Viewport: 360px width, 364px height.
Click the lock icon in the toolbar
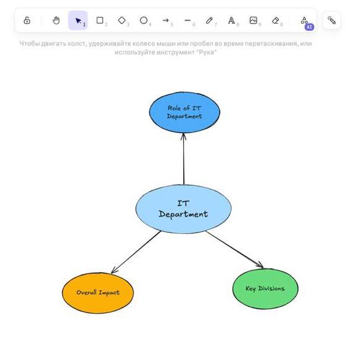click(27, 20)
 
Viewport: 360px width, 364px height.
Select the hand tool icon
click(56, 20)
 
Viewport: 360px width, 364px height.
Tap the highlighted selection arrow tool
click(78, 20)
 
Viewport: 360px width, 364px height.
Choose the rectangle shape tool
click(100, 20)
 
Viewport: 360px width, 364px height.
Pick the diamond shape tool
click(122, 20)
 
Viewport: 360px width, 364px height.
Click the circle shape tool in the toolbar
click(143, 20)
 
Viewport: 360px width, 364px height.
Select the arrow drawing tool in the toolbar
click(166, 20)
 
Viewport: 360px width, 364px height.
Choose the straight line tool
click(187, 20)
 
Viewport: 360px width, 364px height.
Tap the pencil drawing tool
click(209, 20)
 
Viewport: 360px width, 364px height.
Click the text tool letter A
click(232, 20)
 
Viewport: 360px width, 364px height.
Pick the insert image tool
click(253, 20)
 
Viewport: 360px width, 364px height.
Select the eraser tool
click(275, 20)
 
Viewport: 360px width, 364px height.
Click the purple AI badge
click(309, 27)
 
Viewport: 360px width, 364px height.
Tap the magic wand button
click(331, 20)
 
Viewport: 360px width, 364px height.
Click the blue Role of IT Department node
click(184, 112)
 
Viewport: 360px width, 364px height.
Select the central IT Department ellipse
click(183, 209)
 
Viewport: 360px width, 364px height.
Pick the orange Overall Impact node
click(98, 293)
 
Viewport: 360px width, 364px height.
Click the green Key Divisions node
click(265, 289)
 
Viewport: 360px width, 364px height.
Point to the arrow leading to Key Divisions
click(234, 249)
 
